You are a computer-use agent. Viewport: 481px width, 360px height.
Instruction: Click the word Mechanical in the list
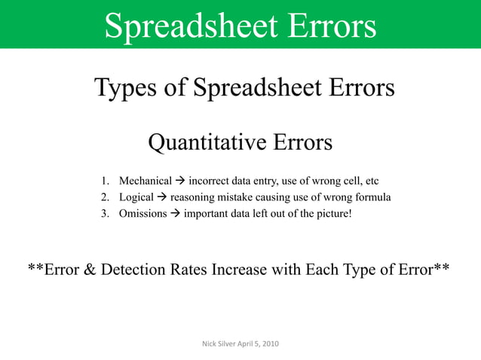click(x=146, y=182)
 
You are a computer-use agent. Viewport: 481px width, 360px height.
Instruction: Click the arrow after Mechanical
click(x=179, y=182)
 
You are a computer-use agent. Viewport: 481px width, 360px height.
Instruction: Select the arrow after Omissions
click(x=173, y=213)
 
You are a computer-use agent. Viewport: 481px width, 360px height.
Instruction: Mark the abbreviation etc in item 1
click(x=371, y=182)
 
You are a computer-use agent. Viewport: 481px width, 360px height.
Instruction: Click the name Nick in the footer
click(x=210, y=344)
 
